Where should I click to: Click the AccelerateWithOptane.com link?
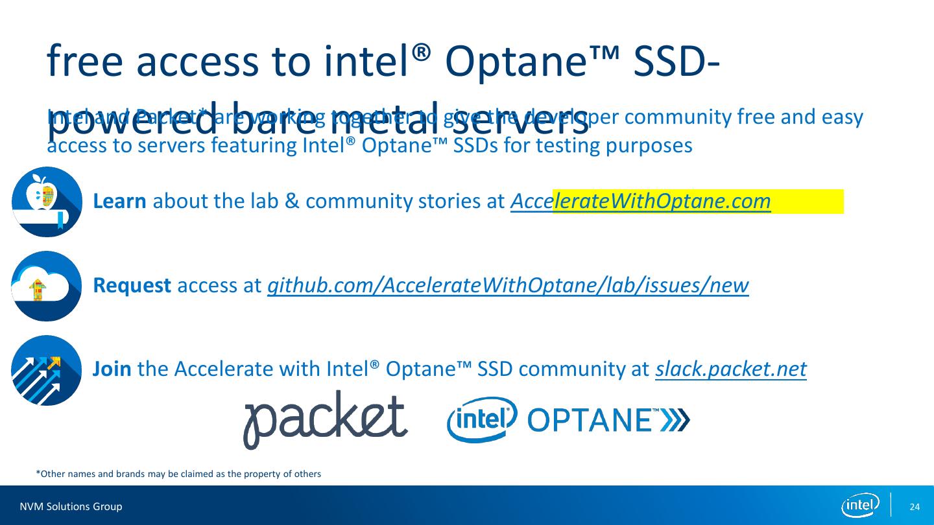click(640, 202)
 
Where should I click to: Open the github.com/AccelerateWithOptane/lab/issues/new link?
click(508, 285)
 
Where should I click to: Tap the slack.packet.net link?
click(730, 369)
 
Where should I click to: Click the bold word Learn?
click(120, 202)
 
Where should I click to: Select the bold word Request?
click(132, 285)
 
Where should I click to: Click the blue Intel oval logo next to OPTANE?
click(482, 419)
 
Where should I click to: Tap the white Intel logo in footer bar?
click(860, 506)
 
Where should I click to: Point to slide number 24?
click(915, 506)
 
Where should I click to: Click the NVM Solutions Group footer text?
click(71, 506)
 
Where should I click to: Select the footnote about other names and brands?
click(178, 474)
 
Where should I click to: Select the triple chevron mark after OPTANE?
click(676, 421)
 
